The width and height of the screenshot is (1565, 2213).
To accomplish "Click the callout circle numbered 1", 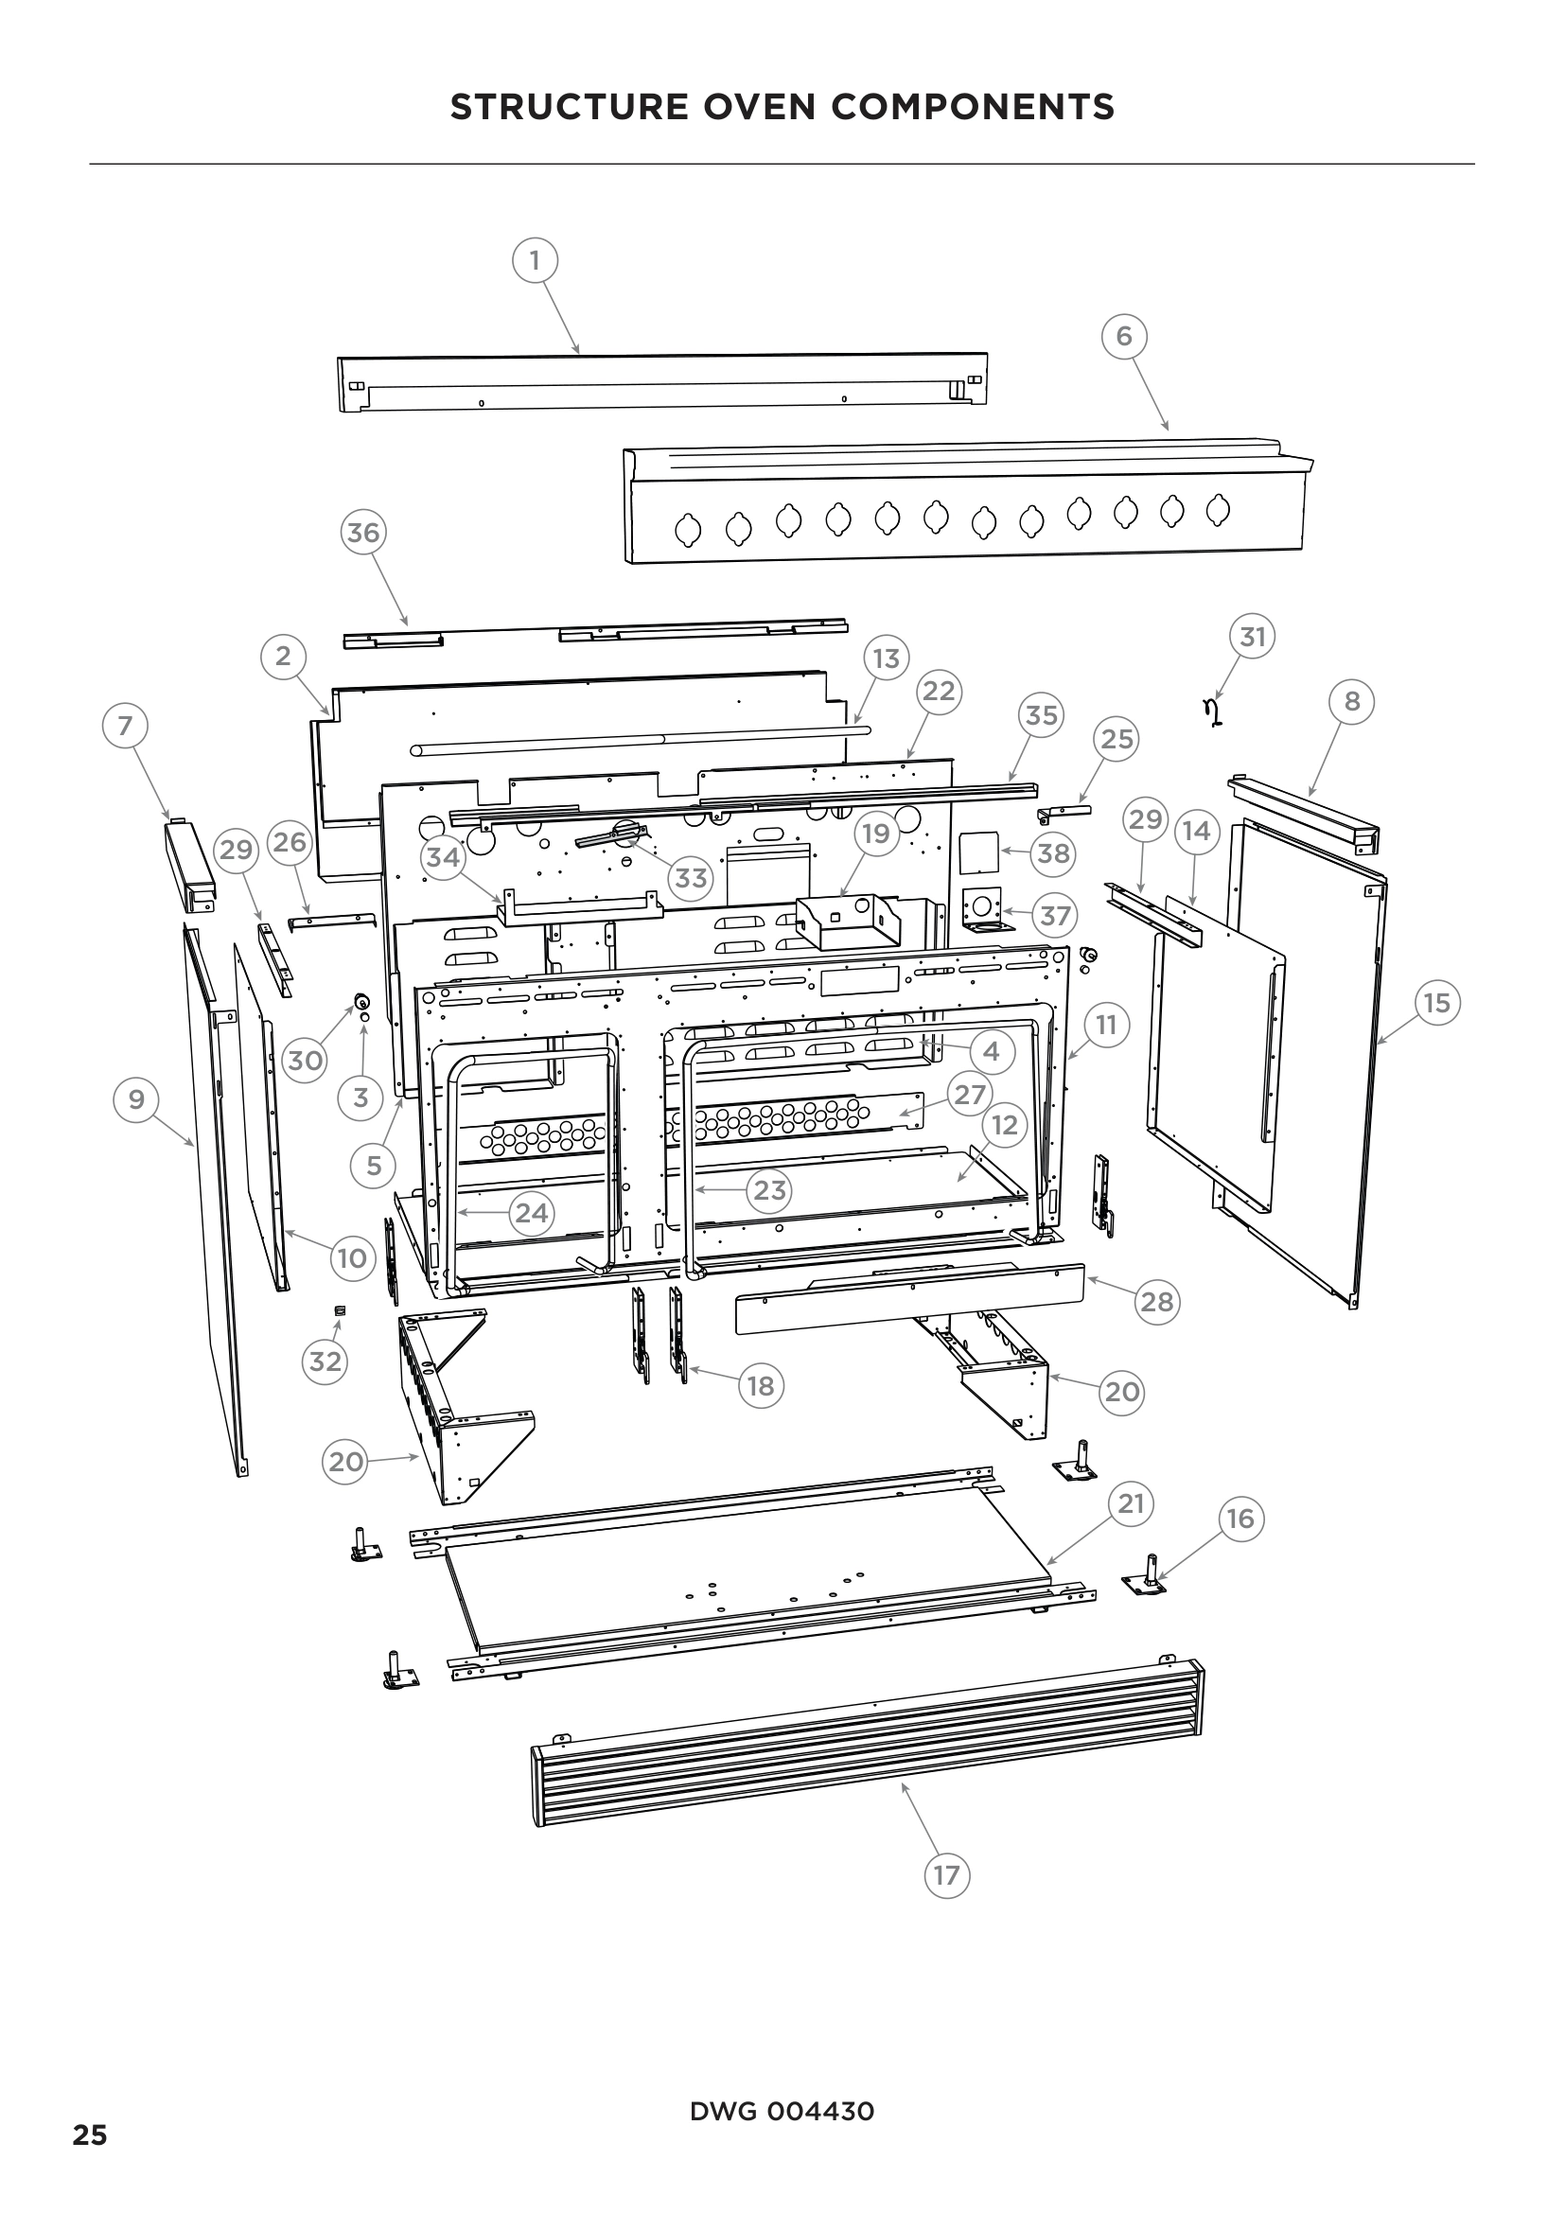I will tap(535, 259).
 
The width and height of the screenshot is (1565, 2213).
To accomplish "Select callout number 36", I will tap(363, 532).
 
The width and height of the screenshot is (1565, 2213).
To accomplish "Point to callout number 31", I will tap(1252, 636).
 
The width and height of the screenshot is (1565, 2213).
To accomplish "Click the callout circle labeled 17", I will tap(946, 1874).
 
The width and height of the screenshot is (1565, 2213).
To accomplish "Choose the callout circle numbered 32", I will tap(325, 1361).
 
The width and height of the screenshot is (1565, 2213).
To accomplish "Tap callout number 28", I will tap(1156, 1301).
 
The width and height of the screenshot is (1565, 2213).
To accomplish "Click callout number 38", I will tap(1053, 853).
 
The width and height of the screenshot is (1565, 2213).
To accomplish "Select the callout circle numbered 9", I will tap(136, 1098).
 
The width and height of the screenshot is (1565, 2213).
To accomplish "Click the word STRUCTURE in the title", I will tap(569, 106).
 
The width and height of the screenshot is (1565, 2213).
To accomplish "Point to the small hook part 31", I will tap(1212, 712).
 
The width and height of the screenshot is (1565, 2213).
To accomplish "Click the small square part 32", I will tap(340, 1309).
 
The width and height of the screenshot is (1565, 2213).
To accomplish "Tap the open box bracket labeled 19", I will tap(848, 922).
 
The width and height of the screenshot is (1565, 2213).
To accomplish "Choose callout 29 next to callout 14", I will tap(1145, 819).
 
